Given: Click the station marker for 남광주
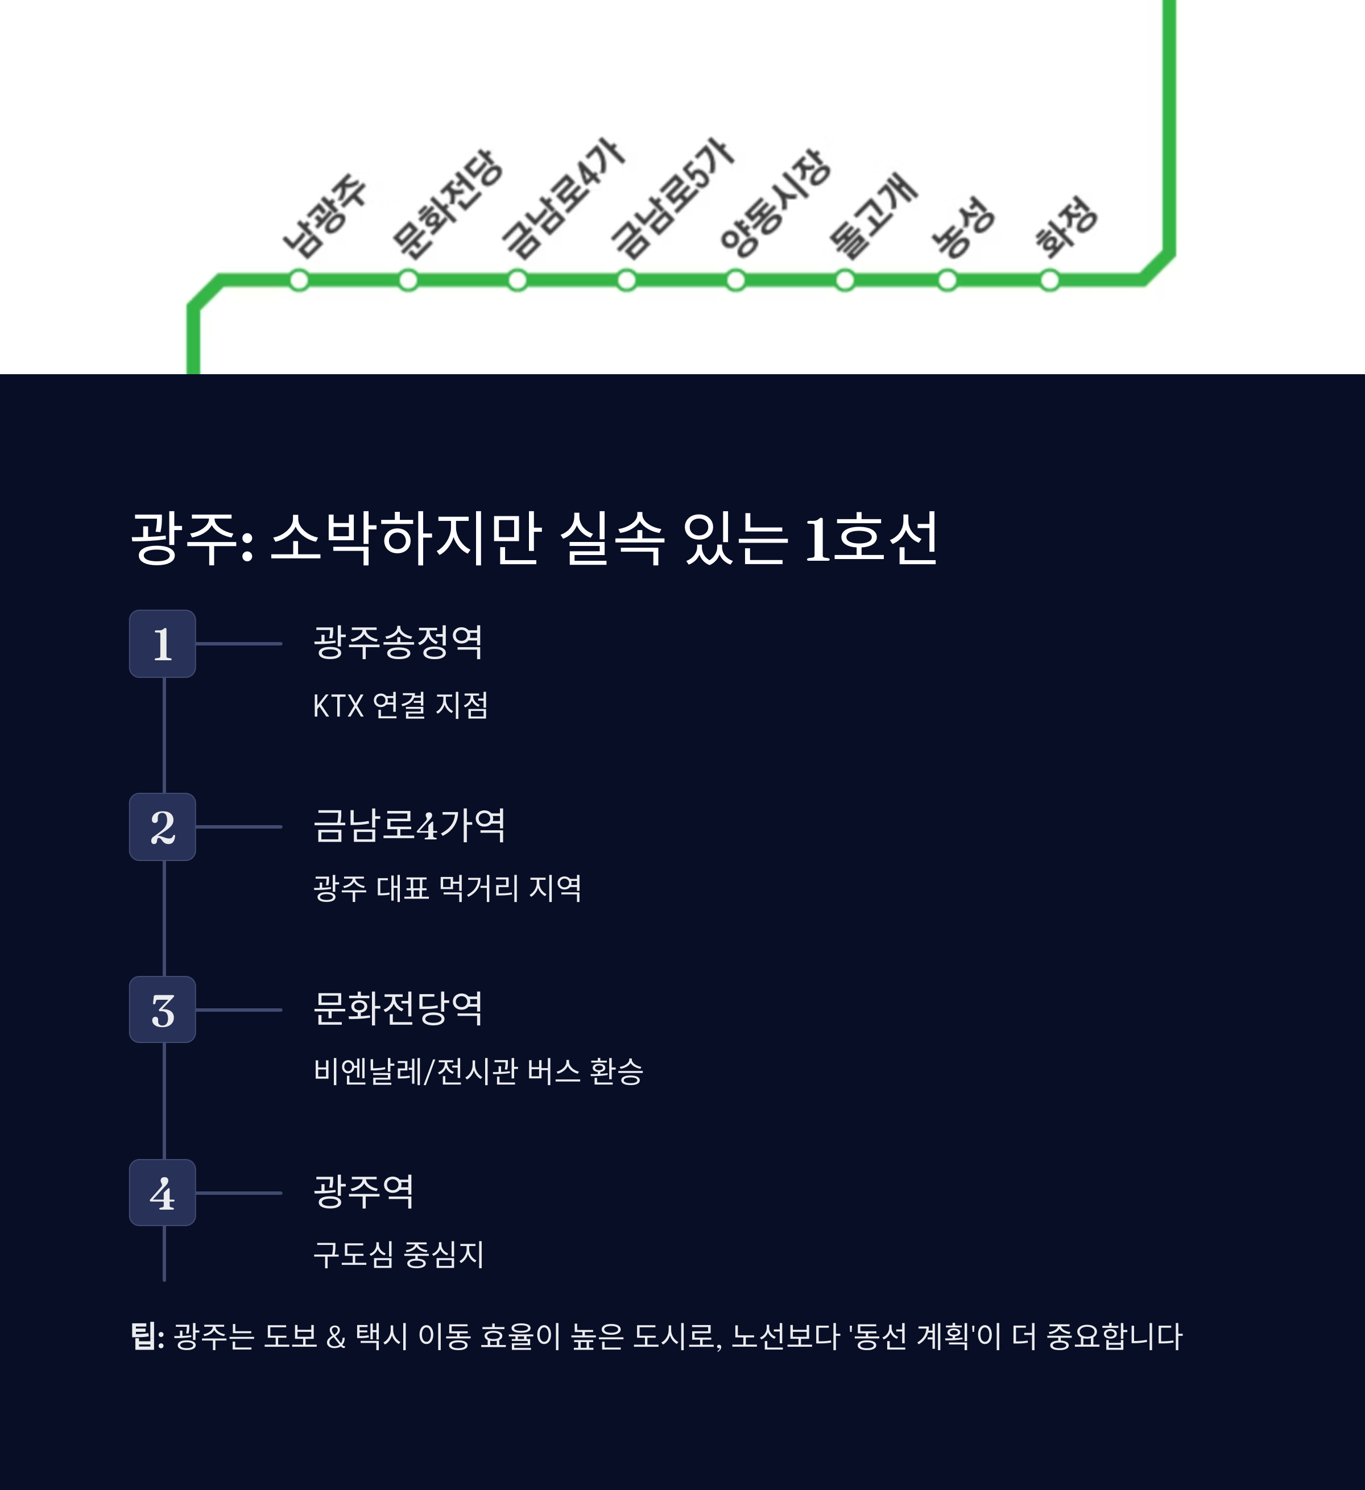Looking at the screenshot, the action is coord(299,281).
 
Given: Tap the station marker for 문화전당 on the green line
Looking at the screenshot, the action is coord(408,281).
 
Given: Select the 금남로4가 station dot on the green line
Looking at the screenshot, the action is coord(518,281).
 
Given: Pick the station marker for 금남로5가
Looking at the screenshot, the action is coord(627,281).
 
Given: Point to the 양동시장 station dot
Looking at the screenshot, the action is coord(735,281).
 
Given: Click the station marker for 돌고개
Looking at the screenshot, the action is coord(845,281).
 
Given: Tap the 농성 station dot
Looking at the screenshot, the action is coord(948,281).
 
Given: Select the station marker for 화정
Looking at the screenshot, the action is coord(1049,281).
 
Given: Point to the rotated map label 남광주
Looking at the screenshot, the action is coord(325,215).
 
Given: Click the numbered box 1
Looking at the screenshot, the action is coord(163,644).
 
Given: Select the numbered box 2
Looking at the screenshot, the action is coord(163,827).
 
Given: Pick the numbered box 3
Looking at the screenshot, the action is coord(163,1009).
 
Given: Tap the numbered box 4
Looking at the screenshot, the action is coord(163,1193).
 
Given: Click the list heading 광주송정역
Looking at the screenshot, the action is coord(398,642).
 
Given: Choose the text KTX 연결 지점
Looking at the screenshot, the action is coord(400,705).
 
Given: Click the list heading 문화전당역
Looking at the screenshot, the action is coord(398,1008).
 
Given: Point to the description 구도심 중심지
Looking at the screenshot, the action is coord(398,1254).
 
